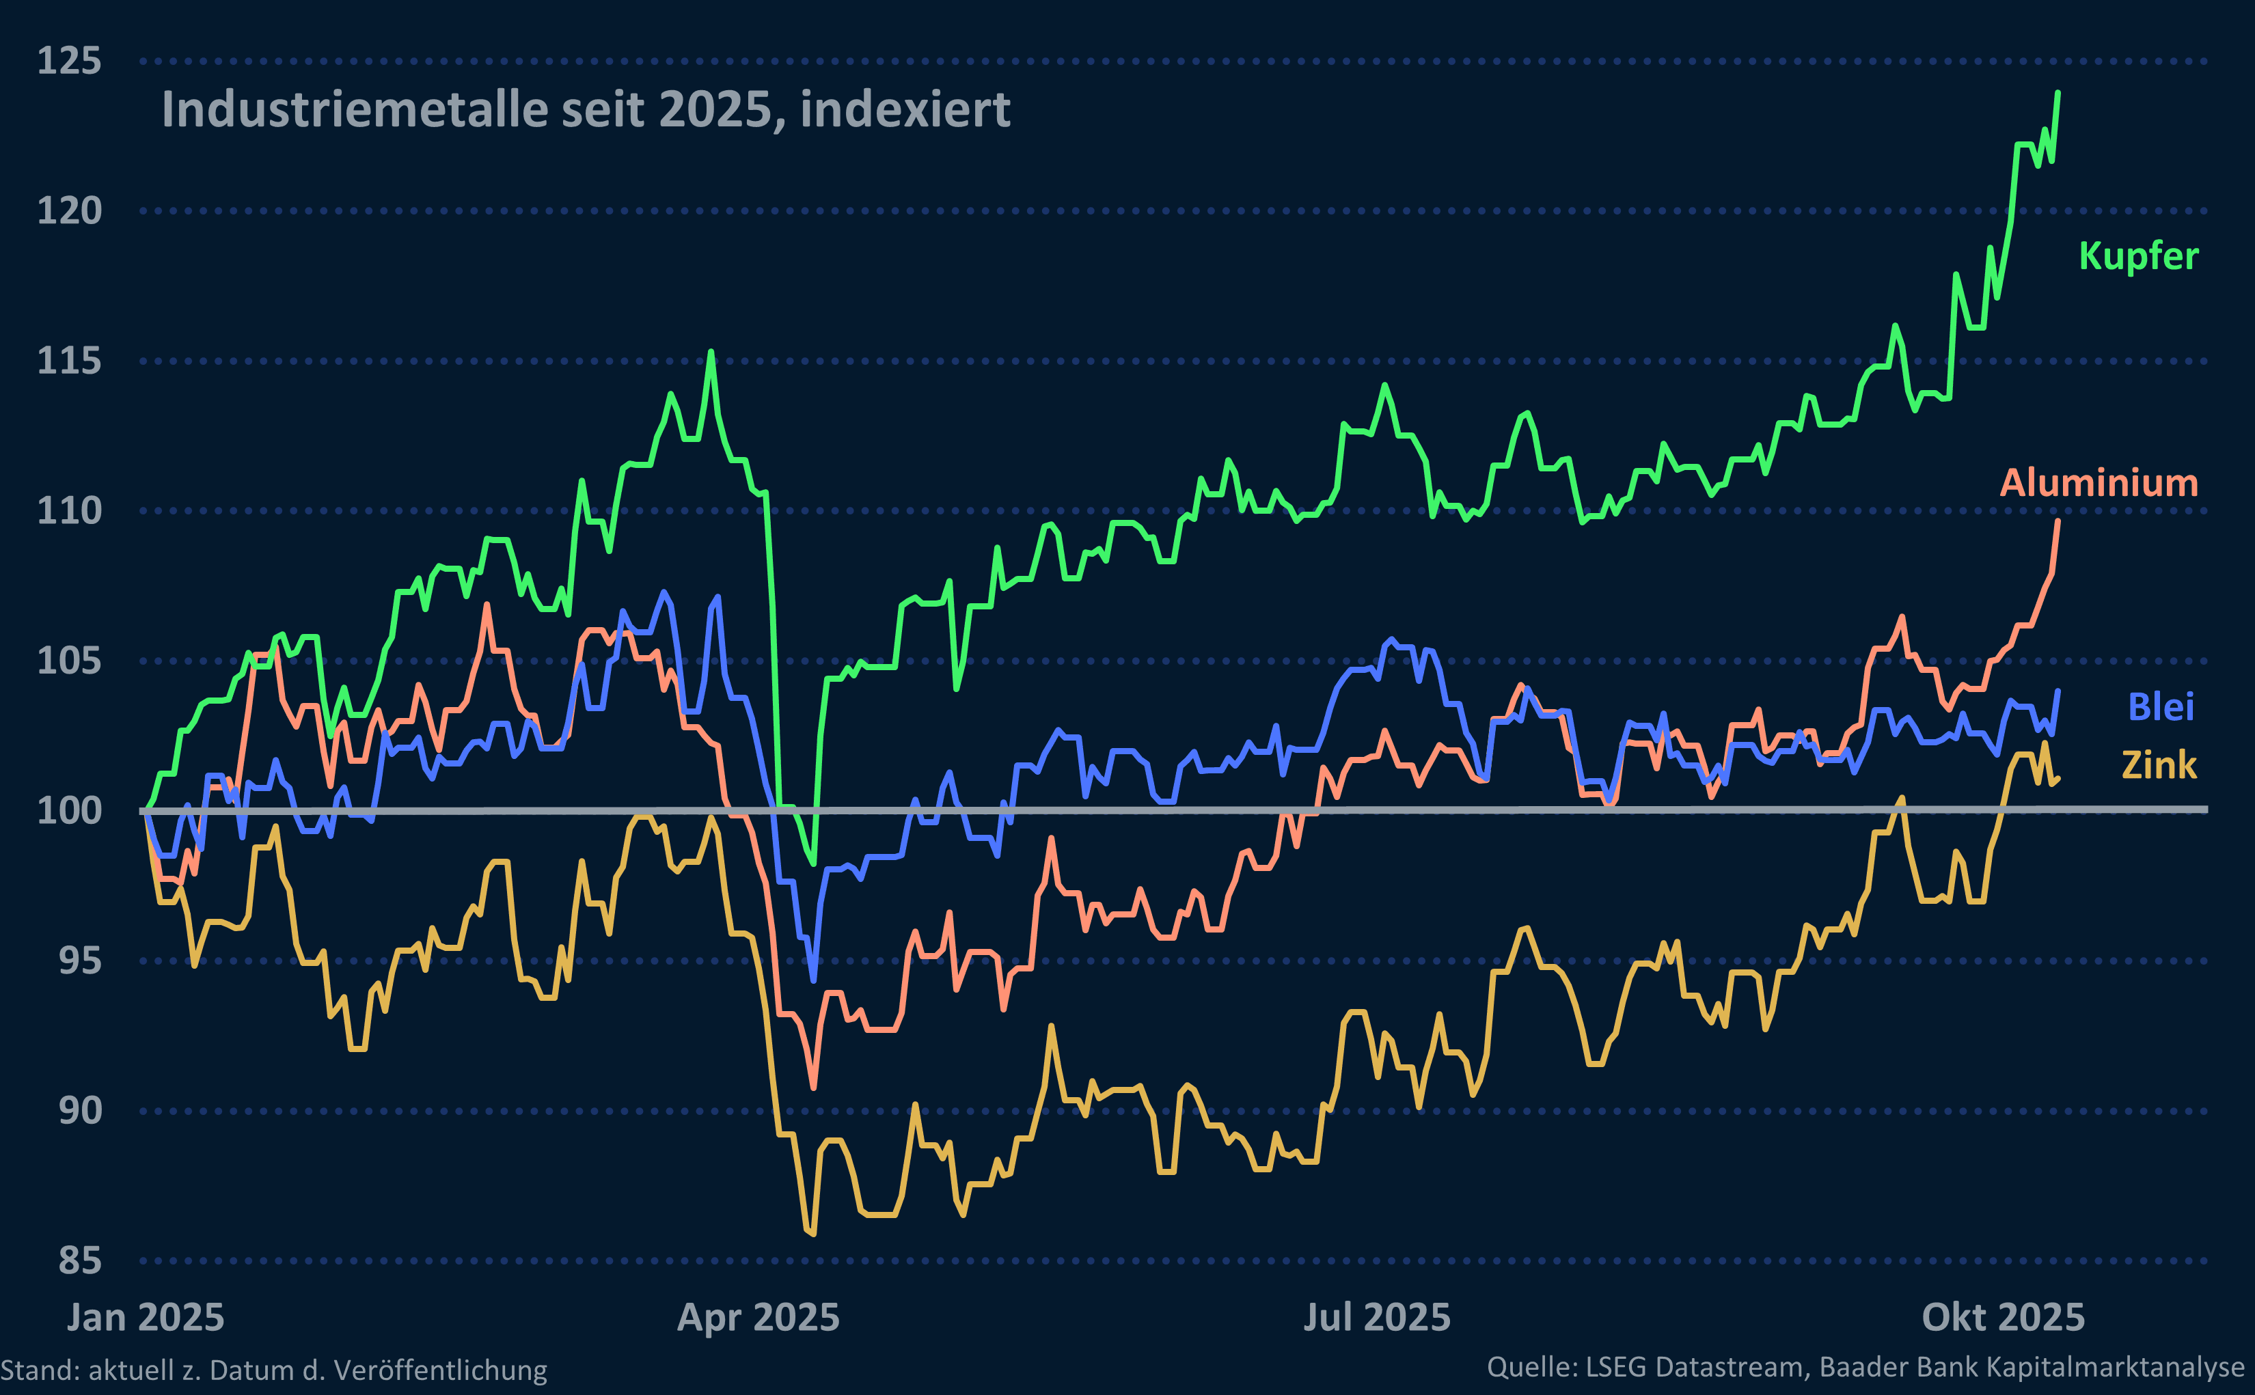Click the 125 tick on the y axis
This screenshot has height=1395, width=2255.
[68, 61]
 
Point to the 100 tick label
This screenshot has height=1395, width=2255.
[68, 811]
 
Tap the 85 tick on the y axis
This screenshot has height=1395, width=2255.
[79, 1260]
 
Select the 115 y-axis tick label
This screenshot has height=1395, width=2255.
[68, 361]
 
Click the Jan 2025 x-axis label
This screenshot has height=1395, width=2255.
[146, 1318]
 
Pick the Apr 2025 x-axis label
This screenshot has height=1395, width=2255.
[758, 1318]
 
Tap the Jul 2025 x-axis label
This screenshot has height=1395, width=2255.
[1377, 1318]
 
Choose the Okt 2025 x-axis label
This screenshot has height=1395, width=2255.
[2003, 1318]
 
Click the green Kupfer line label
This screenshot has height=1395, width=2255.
[2138, 255]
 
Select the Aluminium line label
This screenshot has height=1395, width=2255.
[2098, 482]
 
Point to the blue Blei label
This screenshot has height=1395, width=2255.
[2161, 707]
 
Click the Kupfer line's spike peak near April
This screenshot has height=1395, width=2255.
[711, 352]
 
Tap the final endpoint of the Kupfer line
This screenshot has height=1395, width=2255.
[2058, 92]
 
